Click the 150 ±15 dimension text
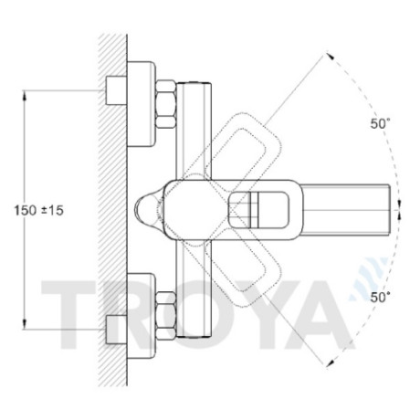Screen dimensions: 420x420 point(39,210)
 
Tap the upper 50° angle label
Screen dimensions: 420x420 point(380,123)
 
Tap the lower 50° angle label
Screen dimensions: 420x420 point(380,297)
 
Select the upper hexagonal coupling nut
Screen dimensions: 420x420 point(166,104)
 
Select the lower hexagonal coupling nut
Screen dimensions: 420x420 point(166,315)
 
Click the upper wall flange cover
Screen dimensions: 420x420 point(141,104)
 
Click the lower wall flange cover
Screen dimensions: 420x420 point(141,316)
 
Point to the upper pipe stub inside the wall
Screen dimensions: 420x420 point(116,90)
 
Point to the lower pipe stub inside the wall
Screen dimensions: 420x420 point(116,330)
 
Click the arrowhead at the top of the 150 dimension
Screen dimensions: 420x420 point(25,95)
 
